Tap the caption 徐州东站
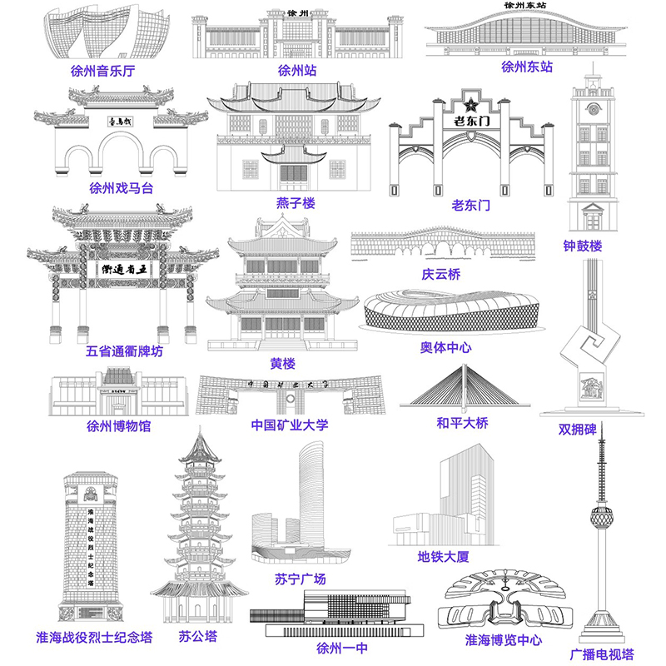click(x=526, y=67)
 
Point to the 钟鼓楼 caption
click(x=582, y=246)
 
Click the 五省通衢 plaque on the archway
click(x=123, y=269)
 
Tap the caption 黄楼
click(x=282, y=364)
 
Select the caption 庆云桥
click(x=440, y=274)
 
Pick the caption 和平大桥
click(x=462, y=423)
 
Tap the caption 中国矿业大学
click(x=290, y=425)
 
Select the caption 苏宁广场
click(x=300, y=579)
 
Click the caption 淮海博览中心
click(x=503, y=640)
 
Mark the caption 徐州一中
click(x=341, y=647)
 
